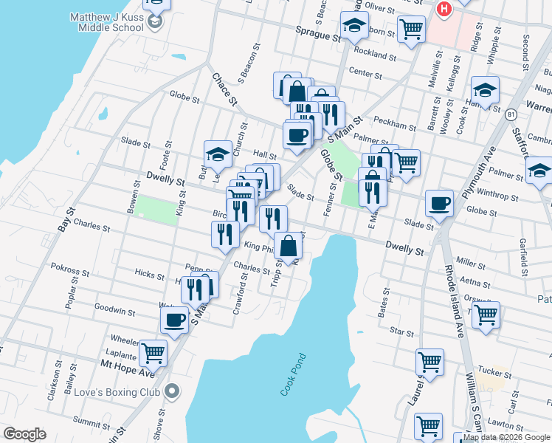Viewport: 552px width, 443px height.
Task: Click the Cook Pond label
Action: [293, 375]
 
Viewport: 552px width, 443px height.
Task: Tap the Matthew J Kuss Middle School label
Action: [106, 22]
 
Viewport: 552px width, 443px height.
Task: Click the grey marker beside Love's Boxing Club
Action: [173, 391]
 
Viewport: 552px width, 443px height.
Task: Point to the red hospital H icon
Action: [444, 9]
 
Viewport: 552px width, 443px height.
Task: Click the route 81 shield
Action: [511, 114]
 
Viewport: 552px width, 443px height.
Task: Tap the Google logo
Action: [25, 434]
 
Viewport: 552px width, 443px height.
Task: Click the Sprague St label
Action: [318, 33]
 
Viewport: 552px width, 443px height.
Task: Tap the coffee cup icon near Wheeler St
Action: [174, 319]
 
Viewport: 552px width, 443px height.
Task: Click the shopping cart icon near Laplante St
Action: [153, 352]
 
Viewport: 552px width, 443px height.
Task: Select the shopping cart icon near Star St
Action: [486, 314]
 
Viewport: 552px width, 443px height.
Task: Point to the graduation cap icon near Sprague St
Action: [354, 25]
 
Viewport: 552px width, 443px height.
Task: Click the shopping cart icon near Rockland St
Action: [411, 29]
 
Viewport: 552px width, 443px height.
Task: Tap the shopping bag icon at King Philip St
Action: [288, 245]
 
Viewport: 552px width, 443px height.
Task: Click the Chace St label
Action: [224, 88]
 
